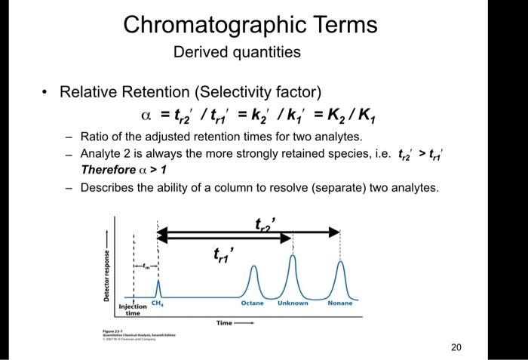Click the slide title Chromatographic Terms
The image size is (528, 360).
[x=250, y=24]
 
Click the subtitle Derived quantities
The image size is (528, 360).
[x=237, y=52]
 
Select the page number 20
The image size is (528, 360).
[x=455, y=347]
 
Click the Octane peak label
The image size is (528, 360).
[x=252, y=303]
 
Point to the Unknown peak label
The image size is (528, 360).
[x=293, y=303]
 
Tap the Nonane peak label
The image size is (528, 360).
[x=340, y=303]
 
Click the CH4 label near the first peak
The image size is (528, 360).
[x=157, y=303]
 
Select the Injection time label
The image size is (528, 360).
[x=133, y=309]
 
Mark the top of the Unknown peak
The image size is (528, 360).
[x=293, y=255]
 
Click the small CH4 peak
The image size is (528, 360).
[x=158, y=285]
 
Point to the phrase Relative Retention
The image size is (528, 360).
[x=124, y=92]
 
